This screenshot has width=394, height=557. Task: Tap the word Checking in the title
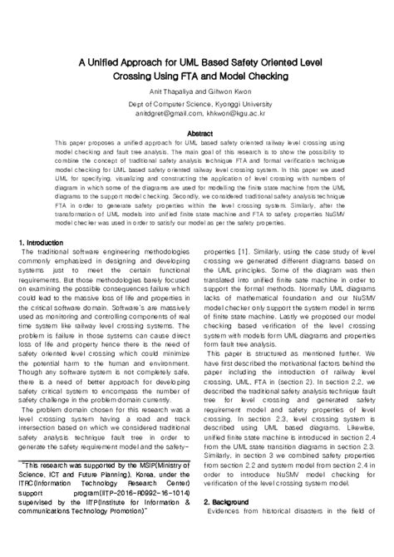(x=258, y=76)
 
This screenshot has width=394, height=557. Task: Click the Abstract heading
(x=196, y=133)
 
